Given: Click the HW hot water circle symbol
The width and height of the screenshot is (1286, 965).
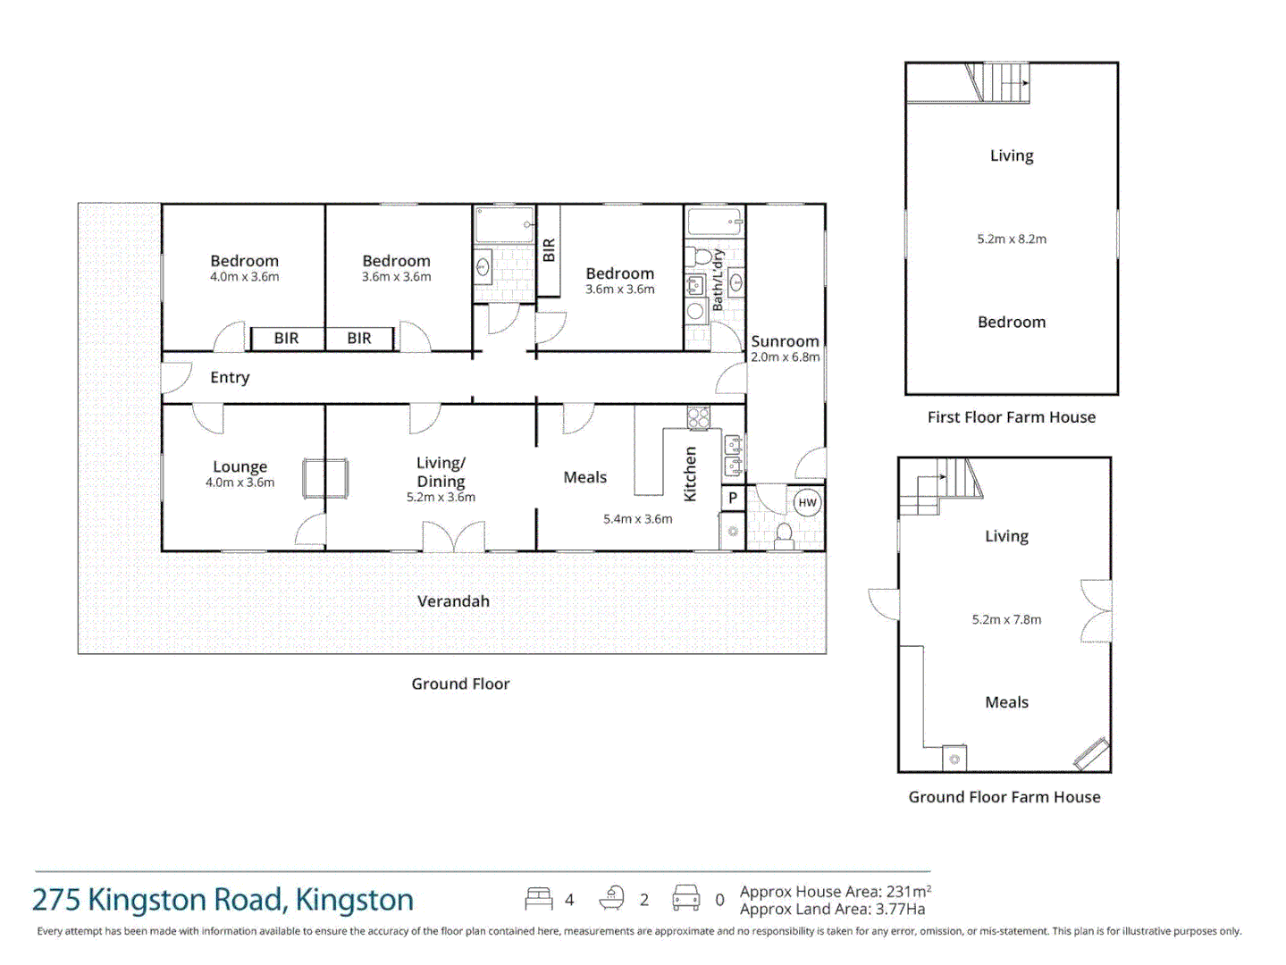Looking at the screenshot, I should [x=807, y=502].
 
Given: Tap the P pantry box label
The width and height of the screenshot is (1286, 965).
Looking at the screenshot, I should [x=733, y=499].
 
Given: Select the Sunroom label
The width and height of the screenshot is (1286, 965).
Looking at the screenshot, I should [x=785, y=341].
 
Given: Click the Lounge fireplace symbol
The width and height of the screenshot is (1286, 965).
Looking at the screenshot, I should [x=324, y=478].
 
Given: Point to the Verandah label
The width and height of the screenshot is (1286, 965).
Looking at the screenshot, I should [x=453, y=601].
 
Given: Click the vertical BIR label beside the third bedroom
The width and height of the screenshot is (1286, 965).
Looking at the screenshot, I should [x=549, y=250].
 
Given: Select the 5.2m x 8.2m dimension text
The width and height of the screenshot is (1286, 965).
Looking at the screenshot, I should [x=1012, y=239].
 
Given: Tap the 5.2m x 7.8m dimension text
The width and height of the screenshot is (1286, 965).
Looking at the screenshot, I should [x=1006, y=619].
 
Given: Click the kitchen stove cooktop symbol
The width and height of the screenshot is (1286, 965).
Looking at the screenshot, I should [x=698, y=416].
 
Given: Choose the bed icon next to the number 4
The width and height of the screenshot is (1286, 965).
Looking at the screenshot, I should [x=539, y=898].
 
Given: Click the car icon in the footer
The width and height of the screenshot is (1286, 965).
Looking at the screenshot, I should [x=686, y=898].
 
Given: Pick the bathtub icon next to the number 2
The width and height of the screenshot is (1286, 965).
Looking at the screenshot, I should [x=612, y=898].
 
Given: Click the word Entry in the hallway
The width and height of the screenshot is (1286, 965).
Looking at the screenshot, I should [x=230, y=377].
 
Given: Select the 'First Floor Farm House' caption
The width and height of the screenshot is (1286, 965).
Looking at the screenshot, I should [x=1011, y=417].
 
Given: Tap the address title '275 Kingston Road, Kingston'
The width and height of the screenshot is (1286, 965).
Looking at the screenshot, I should [x=223, y=900].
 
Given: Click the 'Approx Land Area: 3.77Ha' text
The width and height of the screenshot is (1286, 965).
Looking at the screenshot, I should [x=832, y=910].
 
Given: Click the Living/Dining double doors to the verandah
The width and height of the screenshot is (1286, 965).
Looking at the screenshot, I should [x=453, y=537].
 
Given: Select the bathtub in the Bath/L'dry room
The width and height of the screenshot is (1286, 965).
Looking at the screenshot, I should [x=715, y=222].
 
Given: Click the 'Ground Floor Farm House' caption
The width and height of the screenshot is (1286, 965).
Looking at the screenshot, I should [x=1004, y=797].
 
